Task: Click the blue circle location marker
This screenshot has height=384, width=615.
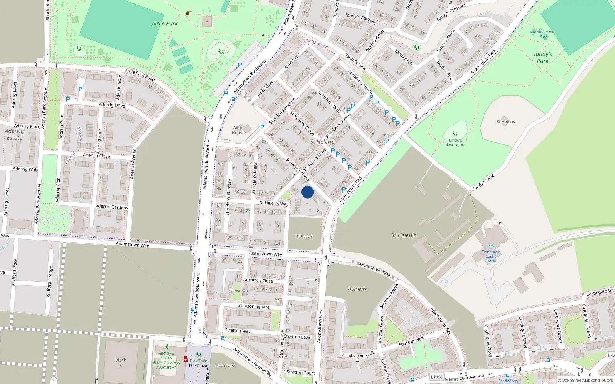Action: coord(307,192)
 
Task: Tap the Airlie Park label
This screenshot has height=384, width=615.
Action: coord(165,23)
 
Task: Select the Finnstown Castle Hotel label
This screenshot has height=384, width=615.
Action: coord(491,256)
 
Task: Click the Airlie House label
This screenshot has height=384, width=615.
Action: coord(238,130)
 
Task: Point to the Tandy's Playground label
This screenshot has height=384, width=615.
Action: coord(455,142)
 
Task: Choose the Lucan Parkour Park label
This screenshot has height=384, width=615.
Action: coord(543,34)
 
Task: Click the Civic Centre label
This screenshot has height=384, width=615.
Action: coord(225,366)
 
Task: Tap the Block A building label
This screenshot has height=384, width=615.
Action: coord(120,362)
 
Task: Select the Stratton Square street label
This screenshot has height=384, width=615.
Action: coord(254,306)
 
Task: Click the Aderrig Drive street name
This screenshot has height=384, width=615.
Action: coord(111,105)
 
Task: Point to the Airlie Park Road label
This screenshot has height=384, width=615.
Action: coord(140,75)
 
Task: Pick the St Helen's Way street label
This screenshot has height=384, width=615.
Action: coord(274,203)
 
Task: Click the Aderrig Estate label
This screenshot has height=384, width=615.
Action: coord(15,134)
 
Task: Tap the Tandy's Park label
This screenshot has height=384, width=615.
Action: coord(542,57)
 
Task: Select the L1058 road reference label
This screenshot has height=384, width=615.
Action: coord(437,377)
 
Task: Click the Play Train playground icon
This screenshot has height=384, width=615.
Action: coord(198,354)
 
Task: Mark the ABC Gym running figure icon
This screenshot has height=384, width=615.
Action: coord(166,347)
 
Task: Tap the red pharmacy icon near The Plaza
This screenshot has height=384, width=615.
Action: coord(185,359)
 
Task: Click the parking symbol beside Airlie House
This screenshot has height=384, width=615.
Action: coord(262,127)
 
